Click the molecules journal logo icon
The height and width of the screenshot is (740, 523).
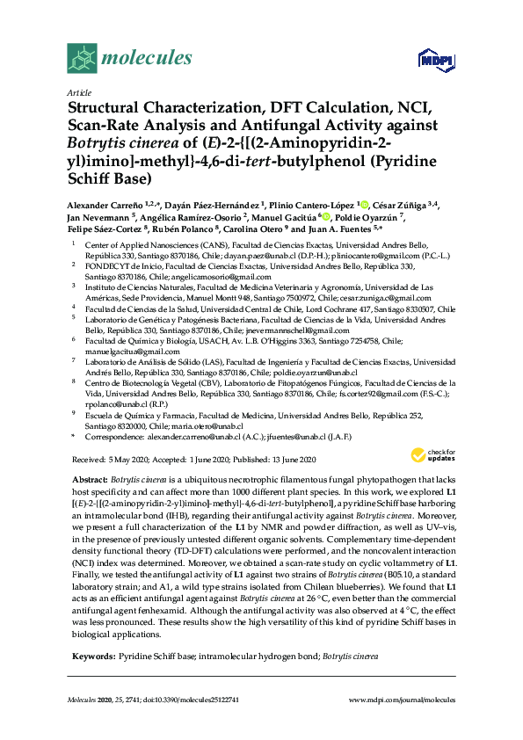pos(81,58)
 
